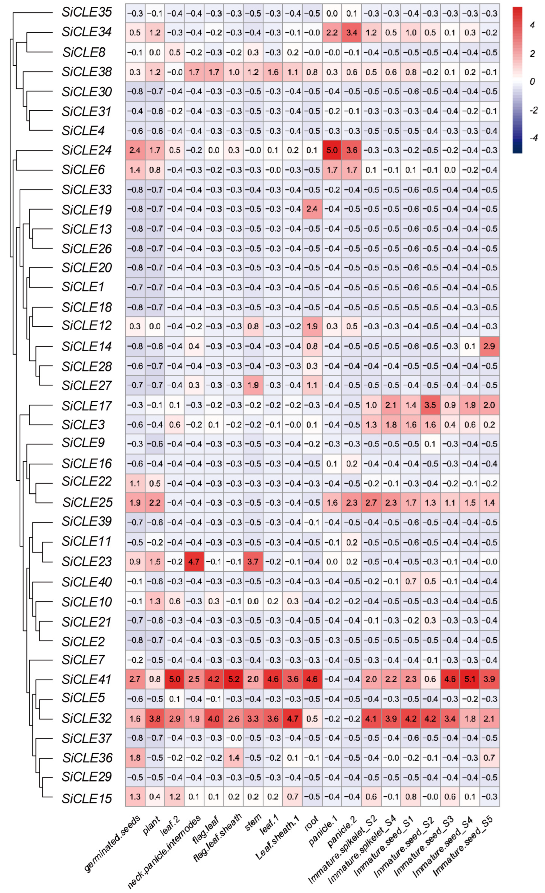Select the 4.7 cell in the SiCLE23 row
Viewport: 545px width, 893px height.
(x=194, y=561)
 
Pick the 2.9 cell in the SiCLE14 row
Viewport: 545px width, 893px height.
(x=489, y=346)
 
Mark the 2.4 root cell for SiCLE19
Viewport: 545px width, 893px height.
(x=312, y=209)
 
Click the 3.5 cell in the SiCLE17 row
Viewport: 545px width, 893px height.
(x=430, y=405)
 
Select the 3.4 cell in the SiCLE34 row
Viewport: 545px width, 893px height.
(x=351, y=33)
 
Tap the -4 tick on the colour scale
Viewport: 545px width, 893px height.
(x=533, y=138)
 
